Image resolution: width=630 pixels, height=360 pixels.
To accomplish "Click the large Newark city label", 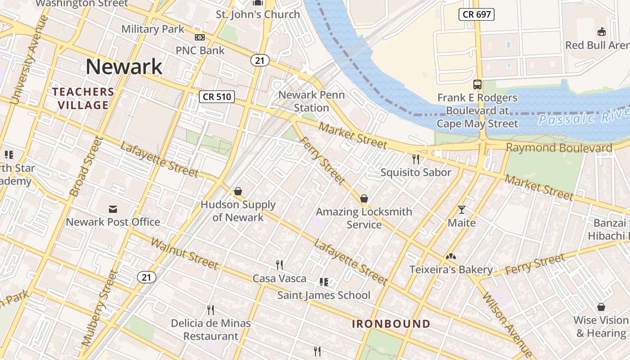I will pyautogui.click(x=124, y=67).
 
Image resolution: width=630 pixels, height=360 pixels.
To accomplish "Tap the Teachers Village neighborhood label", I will pyautogui.click(x=83, y=99).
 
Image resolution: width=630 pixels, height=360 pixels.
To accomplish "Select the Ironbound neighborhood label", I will pyautogui.click(x=391, y=324).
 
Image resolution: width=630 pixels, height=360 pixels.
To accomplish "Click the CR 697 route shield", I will pyautogui.click(x=477, y=14).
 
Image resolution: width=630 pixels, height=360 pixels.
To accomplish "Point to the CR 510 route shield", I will pyautogui.click(x=217, y=96).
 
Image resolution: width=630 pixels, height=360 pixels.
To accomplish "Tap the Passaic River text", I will pyautogui.click(x=583, y=118).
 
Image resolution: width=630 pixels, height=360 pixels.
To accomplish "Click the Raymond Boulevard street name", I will pyautogui.click(x=559, y=148).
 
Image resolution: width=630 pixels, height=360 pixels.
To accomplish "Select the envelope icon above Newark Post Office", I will pyautogui.click(x=112, y=209).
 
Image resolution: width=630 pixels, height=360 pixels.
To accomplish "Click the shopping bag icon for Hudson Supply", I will pyautogui.click(x=238, y=192).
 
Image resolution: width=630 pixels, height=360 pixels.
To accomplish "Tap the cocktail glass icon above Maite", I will pyautogui.click(x=462, y=210).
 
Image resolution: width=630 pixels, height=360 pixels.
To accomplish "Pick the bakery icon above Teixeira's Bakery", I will pyautogui.click(x=451, y=256).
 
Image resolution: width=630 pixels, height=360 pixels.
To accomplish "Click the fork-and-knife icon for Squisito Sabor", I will pyautogui.click(x=416, y=159).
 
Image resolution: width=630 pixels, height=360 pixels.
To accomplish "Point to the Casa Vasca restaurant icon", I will pyautogui.click(x=279, y=265).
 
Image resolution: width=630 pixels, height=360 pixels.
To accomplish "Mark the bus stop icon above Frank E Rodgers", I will pyautogui.click(x=477, y=85).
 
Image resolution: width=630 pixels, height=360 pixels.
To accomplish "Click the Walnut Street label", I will pyautogui.click(x=184, y=253).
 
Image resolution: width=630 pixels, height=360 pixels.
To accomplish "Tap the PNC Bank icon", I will pyautogui.click(x=199, y=38).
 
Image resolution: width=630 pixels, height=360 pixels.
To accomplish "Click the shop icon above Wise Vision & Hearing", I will pyautogui.click(x=601, y=307).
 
